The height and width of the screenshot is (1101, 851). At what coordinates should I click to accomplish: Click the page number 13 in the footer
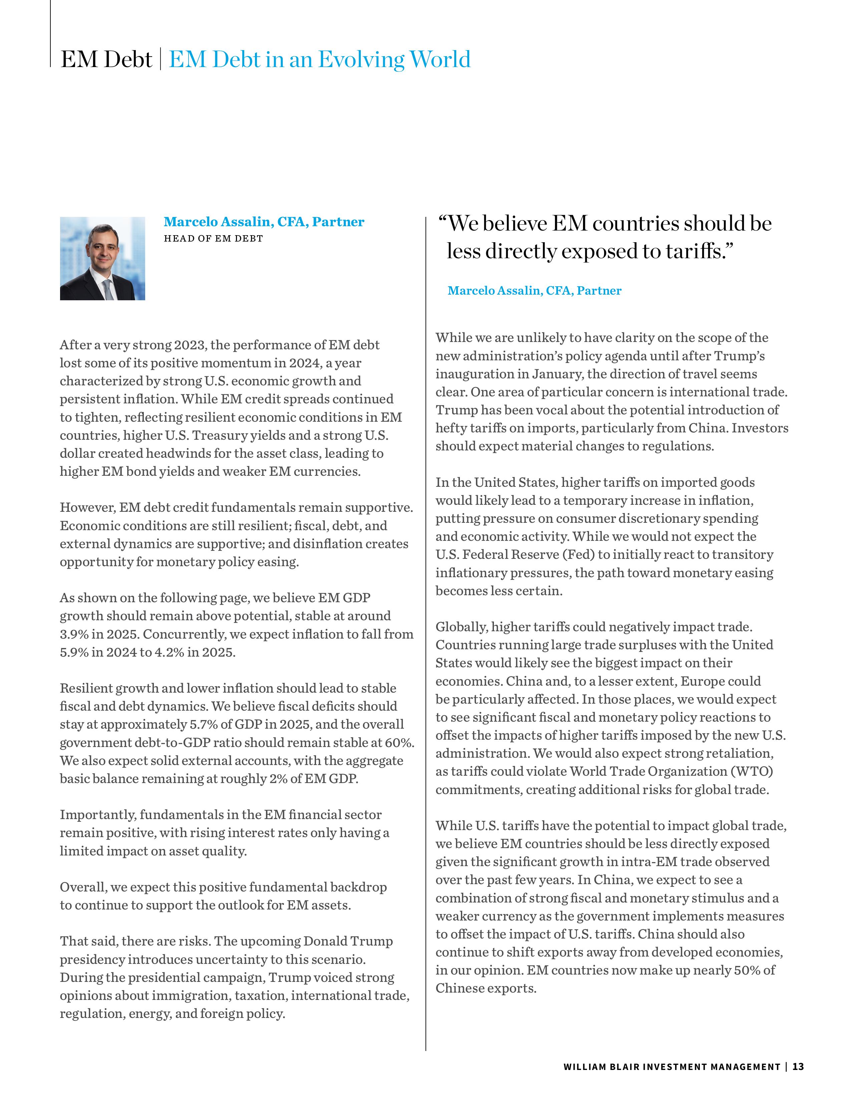pyautogui.click(x=798, y=1066)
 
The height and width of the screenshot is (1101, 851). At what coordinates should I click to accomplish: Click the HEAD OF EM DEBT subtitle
pyautogui.click(x=213, y=239)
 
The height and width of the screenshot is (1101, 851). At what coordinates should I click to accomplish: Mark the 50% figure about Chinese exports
pyautogui.click(x=748, y=970)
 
